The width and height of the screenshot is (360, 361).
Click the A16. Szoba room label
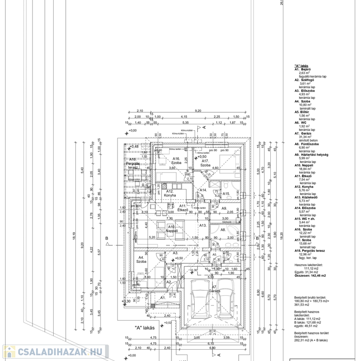(176, 161)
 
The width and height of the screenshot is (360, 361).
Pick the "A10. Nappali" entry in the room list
(306, 165)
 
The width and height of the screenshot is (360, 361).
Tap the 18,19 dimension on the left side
(74, 235)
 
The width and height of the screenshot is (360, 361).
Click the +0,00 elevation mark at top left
(132, 130)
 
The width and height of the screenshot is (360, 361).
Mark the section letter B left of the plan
(107, 238)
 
